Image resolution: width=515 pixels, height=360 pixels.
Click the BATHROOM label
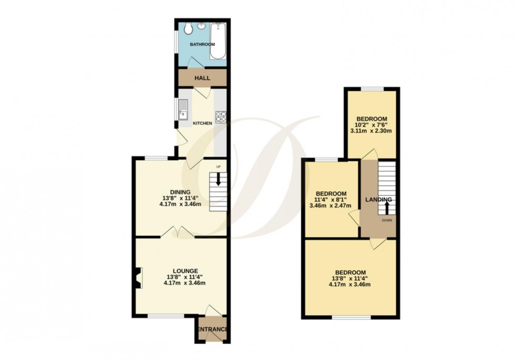click(202, 45)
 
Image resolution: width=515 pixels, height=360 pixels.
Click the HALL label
click(202, 78)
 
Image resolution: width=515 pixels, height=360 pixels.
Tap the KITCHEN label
click(202, 124)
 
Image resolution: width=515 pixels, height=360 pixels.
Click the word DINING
click(180, 192)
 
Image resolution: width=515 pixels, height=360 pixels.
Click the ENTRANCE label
click(213, 330)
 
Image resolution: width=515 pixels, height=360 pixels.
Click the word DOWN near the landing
click(387, 220)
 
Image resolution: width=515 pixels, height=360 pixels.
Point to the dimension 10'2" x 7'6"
click(372, 125)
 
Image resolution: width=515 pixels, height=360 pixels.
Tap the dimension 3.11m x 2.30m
click(372, 131)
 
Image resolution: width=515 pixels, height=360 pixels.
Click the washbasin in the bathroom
click(201, 26)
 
